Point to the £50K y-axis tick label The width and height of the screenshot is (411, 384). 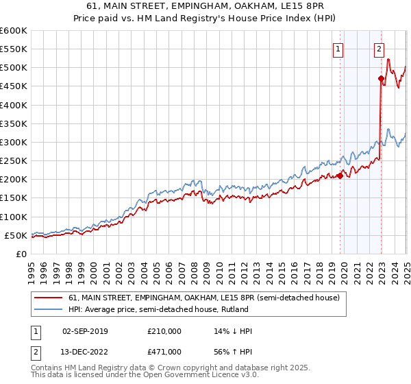coord(16,235)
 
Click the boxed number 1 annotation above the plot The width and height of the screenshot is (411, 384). coord(338,49)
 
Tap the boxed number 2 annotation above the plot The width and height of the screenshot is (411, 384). coord(379,49)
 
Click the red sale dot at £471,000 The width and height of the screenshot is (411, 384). coord(381,78)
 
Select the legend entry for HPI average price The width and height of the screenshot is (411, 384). coord(158,310)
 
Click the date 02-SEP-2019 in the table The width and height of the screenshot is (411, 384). coord(85,331)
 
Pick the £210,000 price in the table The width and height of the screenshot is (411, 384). coord(164,331)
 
